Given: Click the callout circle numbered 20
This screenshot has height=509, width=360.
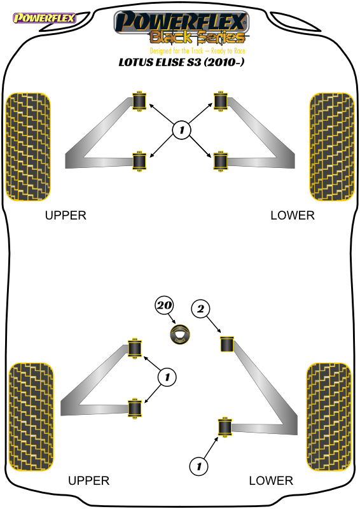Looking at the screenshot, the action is click(x=164, y=305).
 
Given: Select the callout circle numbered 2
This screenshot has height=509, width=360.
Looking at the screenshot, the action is click(x=200, y=309).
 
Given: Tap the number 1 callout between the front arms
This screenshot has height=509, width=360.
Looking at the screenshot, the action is click(x=181, y=130).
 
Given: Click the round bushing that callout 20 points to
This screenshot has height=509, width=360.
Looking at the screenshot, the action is click(x=180, y=334).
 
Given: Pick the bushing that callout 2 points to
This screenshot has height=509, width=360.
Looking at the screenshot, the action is click(x=227, y=344).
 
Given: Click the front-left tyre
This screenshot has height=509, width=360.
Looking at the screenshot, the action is click(x=28, y=147).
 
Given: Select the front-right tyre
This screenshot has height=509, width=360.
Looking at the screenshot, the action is click(x=332, y=147).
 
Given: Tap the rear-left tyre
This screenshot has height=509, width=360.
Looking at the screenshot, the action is click(x=31, y=417).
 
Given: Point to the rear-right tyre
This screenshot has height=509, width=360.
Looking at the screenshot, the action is click(x=329, y=417).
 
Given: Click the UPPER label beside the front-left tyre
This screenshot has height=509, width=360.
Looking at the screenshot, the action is click(x=66, y=216).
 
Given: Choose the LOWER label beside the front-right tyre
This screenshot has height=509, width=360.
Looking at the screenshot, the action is click(x=293, y=216).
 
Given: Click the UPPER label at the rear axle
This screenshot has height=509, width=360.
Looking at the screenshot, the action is click(x=88, y=481).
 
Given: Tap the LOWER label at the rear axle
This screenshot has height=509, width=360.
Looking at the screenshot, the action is click(x=271, y=481).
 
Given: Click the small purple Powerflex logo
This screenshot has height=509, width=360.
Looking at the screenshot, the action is click(x=44, y=18).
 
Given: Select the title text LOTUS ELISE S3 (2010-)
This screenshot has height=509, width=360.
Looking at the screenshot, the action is click(x=181, y=62).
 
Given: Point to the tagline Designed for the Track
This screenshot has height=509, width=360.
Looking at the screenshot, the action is click(x=177, y=51).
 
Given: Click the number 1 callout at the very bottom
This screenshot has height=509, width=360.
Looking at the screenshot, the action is click(x=198, y=466).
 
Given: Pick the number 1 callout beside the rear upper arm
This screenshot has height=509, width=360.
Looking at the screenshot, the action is click(x=167, y=377).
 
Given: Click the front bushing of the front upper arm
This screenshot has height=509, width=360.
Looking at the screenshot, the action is click(x=139, y=101).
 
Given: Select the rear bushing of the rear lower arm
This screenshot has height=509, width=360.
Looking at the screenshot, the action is click(x=225, y=427).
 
